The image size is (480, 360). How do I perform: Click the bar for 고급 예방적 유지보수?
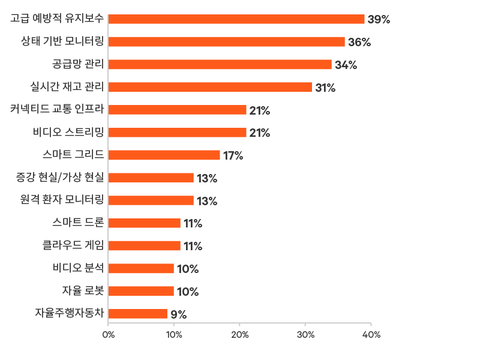[236, 19]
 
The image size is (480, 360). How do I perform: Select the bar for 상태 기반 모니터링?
[226, 42]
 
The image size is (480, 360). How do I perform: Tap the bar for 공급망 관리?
[220, 64]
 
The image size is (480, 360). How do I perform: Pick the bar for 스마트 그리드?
[164, 155]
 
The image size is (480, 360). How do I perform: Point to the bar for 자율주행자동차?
[137, 314]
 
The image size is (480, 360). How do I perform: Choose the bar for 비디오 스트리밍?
[177, 133]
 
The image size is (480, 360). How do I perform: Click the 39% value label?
[379, 20]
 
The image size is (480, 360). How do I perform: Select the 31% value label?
[325, 88]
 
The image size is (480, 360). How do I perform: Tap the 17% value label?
[233, 156]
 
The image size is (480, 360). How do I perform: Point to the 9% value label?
[178, 314]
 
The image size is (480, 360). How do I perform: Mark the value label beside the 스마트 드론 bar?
[193, 224]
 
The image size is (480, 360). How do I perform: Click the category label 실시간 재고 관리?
[67, 87]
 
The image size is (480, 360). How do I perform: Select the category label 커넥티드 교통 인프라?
[57, 109]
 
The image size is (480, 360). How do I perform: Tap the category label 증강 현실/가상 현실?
[60, 178]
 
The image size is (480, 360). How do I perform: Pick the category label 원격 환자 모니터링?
[62, 200]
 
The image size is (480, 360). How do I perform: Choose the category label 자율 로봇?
[83, 291]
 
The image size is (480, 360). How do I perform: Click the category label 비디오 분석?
[79, 268]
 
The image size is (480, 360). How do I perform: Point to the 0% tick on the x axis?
[109, 334]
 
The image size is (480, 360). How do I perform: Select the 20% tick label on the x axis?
[240, 334]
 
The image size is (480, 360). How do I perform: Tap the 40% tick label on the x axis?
[371, 334]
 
